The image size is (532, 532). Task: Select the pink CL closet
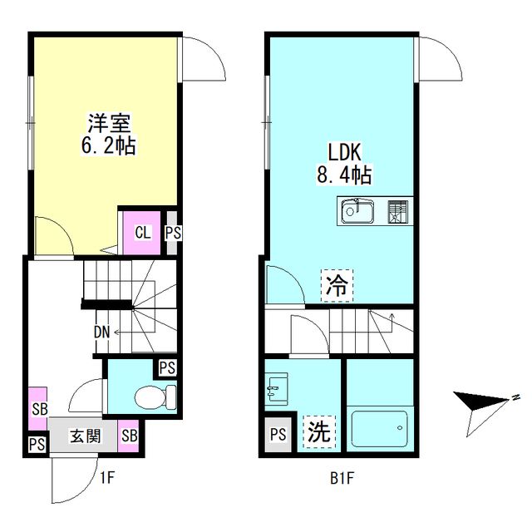[142, 232]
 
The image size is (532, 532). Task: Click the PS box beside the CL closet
[172, 233]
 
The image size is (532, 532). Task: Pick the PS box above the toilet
[166, 367]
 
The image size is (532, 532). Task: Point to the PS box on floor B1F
[278, 434]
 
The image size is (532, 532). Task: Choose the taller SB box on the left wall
[38, 408]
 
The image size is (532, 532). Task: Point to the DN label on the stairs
[101, 332]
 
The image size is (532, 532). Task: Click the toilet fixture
[157, 396]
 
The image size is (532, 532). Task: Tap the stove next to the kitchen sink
[399, 212]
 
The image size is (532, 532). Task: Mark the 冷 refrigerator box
[337, 287]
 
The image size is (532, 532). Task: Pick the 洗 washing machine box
[318, 431]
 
